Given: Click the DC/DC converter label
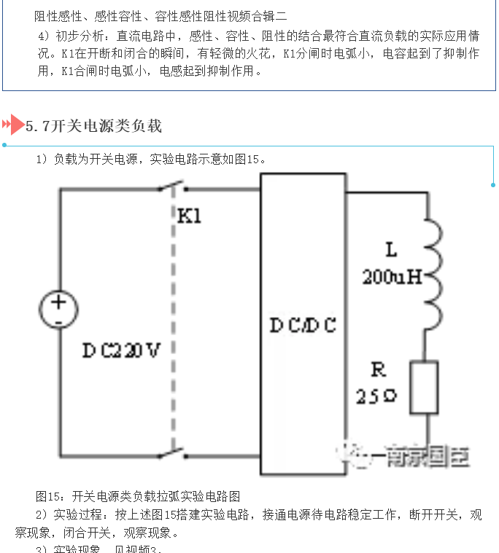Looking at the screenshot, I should point(303,326).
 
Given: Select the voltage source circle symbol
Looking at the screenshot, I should point(58,309).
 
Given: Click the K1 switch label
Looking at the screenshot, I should point(189,216).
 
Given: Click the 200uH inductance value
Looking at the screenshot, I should point(392,277).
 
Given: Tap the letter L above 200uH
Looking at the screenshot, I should point(392,251).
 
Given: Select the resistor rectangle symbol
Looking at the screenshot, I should point(423,387).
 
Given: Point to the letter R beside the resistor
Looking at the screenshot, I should point(378,370).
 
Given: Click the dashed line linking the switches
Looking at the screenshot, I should point(174,321).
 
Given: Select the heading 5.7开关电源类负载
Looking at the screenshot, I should point(93,126).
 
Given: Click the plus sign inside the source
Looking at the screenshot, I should point(58,301).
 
